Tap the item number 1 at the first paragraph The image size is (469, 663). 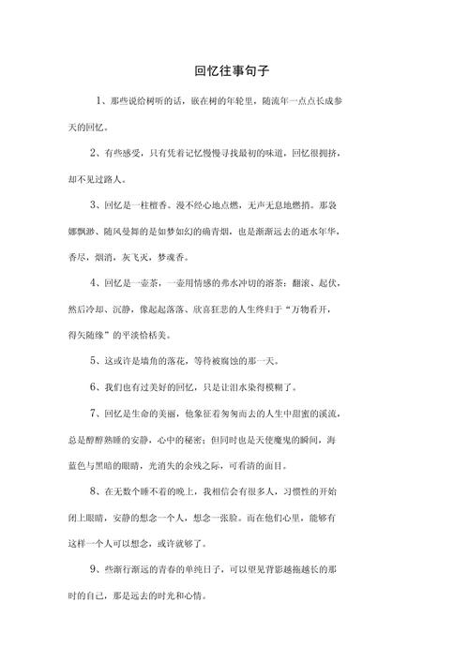pyautogui.click(x=100, y=100)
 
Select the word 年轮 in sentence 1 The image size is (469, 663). pyautogui.click(x=251, y=100)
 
